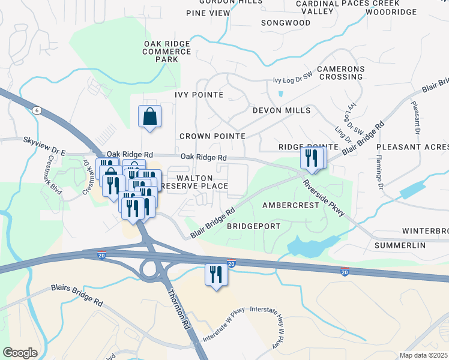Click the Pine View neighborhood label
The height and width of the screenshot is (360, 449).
pyautogui.click(x=208, y=13)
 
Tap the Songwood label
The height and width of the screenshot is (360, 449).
pyautogui.click(x=286, y=23)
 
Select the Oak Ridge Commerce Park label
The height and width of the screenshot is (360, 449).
pyautogui.click(x=167, y=52)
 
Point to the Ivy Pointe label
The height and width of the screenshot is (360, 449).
pyautogui.click(x=199, y=95)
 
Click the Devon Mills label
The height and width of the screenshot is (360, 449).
pyautogui.click(x=282, y=110)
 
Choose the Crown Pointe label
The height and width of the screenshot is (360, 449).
pyautogui.click(x=212, y=136)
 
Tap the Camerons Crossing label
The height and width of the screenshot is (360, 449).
pyautogui.click(x=341, y=73)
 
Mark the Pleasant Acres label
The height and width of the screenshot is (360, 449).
pyautogui.click(x=412, y=146)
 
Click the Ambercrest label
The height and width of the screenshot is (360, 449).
pyautogui.click(x=290, y=205)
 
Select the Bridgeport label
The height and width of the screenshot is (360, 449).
pyautogui.click(x=254, y=226)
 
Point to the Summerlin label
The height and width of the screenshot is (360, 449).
pyautogui.click(x=400, y=246)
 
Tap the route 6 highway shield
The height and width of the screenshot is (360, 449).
pyautogui.click(x=37, y=110)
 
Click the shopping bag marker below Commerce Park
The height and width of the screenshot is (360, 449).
pyautogui.click(x=149, y=117)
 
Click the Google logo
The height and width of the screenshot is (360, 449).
pyautogui.click(x=20, y=353)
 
